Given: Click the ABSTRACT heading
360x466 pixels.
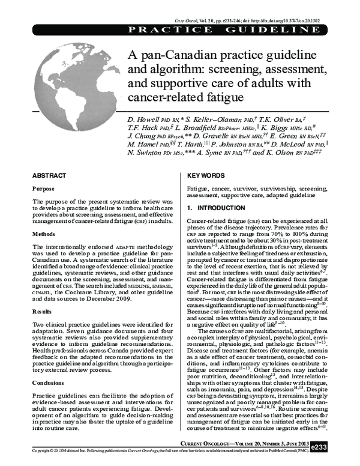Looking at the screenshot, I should [49, 175].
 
